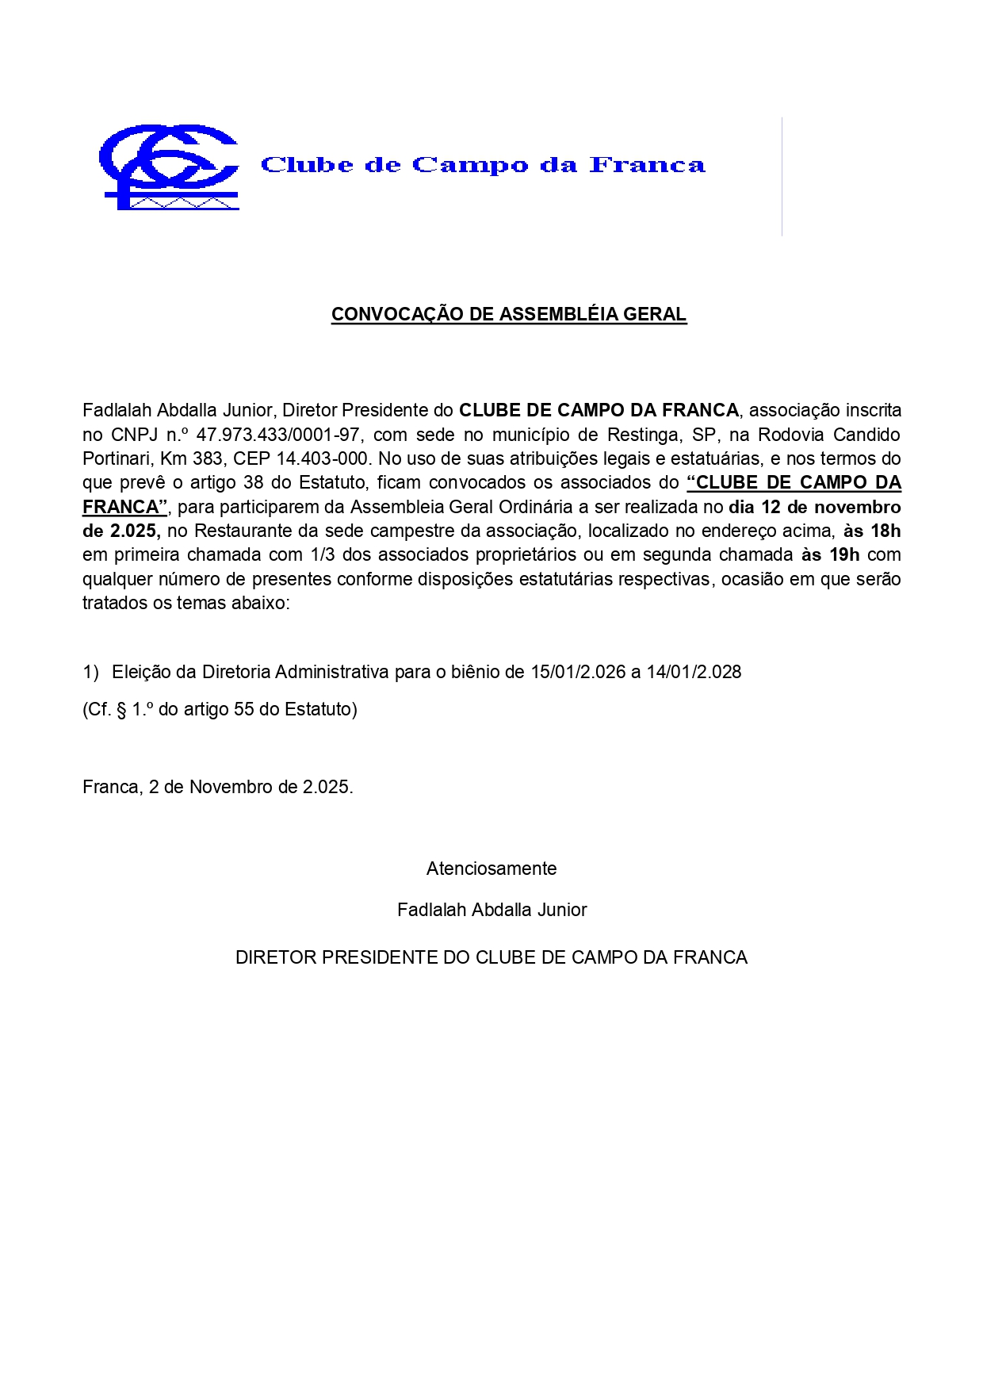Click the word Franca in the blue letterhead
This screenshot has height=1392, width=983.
(647, 165)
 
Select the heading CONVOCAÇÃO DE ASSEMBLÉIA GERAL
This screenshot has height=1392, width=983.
(508, 314)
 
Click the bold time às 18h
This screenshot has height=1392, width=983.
(872, 531)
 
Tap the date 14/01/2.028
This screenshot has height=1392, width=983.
(694, 672)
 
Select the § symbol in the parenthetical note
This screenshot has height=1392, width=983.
(121, 709)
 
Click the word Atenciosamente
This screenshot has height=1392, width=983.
(491, 869)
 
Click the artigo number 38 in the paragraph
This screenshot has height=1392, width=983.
(254, 482)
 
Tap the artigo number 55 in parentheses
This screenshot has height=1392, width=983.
(243, 709)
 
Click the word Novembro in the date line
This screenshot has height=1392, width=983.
(231, 787)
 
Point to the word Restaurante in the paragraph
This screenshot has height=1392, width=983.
(240, 531)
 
